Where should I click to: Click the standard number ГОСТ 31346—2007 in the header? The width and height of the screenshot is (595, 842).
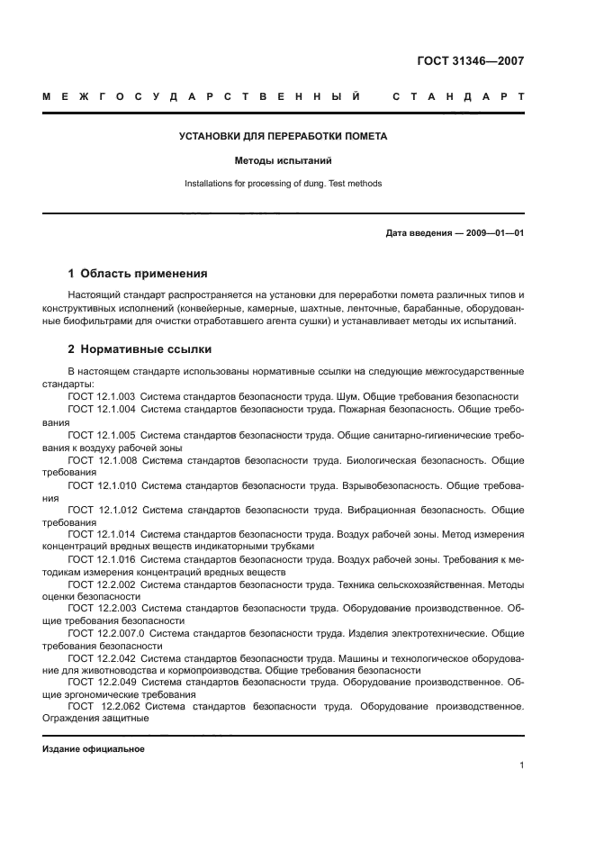click(x=471, y=61)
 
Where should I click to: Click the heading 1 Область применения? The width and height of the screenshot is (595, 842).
click(x=138, y=273)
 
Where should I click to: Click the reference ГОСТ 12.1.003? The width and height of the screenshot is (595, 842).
click(x=101, y=396)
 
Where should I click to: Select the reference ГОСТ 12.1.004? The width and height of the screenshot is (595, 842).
click(x=101, y=409)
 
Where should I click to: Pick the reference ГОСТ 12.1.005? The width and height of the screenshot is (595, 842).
click(x=101, y=434)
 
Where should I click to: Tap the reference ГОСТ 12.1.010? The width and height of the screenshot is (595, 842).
click(x=101, y=484)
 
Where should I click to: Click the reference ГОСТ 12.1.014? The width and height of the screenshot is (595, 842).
click(x=101, y=534)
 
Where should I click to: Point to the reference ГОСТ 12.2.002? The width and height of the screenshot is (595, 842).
click(x=101, y=584)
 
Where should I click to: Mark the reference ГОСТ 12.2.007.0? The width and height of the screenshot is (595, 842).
click(x=105, y=634)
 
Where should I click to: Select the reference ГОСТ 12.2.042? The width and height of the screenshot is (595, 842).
click(x=101, y=658)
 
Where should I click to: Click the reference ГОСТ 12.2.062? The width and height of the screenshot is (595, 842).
click(x=103, y=707)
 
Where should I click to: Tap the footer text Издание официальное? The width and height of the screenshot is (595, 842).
click(x=93, y=749)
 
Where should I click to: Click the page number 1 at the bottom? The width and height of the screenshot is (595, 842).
click(x=521, y=765)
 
